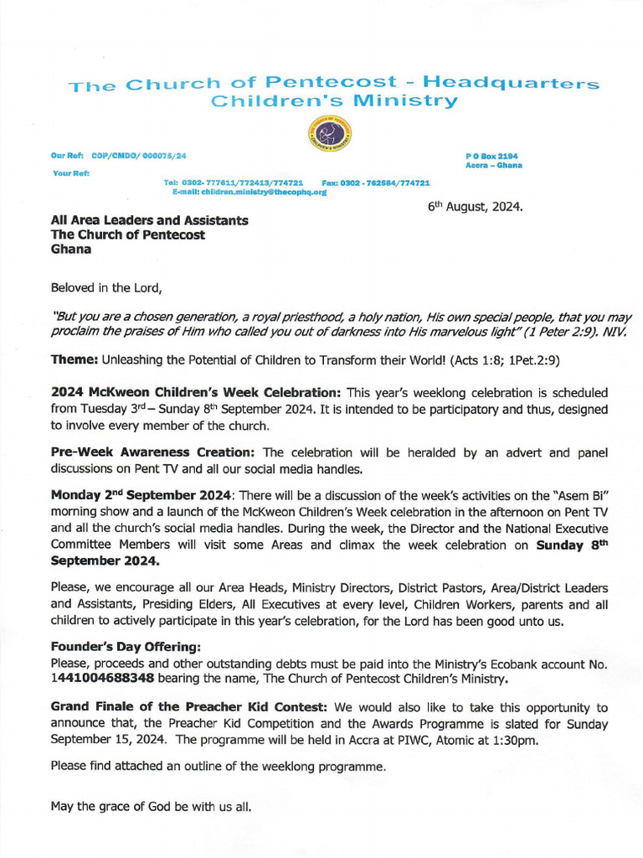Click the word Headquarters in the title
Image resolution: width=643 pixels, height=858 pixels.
[512, 83]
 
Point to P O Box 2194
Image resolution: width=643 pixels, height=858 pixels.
[491, 157]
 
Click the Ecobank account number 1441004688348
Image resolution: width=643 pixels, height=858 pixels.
[102, 678]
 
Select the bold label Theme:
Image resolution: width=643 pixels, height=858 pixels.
[75, 359]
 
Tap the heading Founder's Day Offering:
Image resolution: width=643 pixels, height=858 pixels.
[116, 647]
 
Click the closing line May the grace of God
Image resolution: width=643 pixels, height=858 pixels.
[151, 808]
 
